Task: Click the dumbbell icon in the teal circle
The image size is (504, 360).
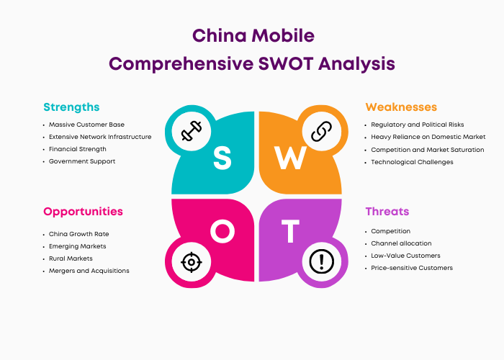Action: pyautogui.click(x=192, y=131)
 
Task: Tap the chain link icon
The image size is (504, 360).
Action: pyautogui.click(x=321, y=131)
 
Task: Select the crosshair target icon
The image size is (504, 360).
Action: pyautogui.click(x=192, y=262)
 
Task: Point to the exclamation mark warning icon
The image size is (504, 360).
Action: pyautogui.click(x=321, y=261)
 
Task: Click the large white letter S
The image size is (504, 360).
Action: pyautogui.click(x=222, y=158)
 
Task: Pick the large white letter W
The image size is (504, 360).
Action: pyautogui.click(x=290, y=158)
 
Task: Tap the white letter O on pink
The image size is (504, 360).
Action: pyautogui.click(x=222, y=231)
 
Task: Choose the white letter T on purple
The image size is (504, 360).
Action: pyautogui.click(x=291, y=231)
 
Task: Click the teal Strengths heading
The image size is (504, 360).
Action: pyautogui.click(x=71, y=107)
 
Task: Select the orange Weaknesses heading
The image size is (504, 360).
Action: pyautogui.click(x=401, y=107)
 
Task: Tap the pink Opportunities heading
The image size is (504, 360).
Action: pyautogui.click(x=83, y=212)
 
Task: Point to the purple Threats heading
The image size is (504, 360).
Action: pyautogui.click(x=387, y=212)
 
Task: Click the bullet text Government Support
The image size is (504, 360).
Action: pyautogui.click(x=82, y=161)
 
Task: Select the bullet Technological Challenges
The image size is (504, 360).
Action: pyautogui.click(x=412, y=162)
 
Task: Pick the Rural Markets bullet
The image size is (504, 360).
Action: pyautogui.click(x=71, y=258)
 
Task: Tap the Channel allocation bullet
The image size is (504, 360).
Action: pyautogui.click(x=401, y=243)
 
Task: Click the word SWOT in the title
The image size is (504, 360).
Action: pyautogui.click(x=286, y=63)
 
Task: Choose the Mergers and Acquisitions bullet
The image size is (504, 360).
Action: pyautogui.click(x=89, y=271)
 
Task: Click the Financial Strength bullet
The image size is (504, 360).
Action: pyautogui.click(x=78, y=149)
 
